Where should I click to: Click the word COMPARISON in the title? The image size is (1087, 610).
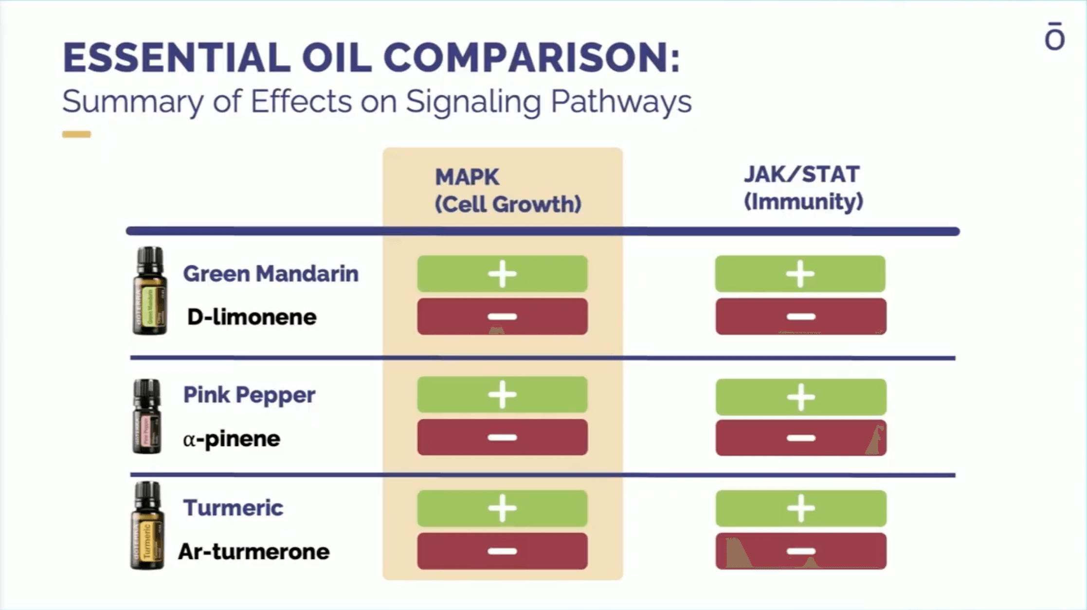[531, 58]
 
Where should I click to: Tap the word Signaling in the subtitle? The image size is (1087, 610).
[473, 102]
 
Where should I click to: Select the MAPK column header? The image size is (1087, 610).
[507, 190]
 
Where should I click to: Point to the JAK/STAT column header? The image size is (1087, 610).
[803, 188]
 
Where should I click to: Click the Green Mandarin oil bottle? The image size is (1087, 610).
[150, 291]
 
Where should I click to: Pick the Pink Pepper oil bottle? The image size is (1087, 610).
[147, 416]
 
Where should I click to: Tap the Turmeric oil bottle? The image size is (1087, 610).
[147, 525]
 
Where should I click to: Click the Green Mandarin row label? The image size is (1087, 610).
[271, 273]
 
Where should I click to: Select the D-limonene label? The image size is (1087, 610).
[252, 317]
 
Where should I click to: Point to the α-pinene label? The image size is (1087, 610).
[232, 439]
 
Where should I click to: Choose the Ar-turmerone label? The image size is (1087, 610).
[254, 552]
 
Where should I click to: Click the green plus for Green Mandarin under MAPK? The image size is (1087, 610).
[502, 274]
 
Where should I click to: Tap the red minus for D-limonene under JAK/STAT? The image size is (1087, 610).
[800, 317]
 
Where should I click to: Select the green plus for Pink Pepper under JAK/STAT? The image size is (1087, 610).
[800, 397]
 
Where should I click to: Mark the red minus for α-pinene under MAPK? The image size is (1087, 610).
[502, 437]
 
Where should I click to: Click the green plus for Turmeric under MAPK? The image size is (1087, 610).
[502, 508]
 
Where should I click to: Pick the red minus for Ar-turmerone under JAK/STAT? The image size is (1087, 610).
[800, 551]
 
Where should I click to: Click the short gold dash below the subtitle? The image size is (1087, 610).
[76, 134]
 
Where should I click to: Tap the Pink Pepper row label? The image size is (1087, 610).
[249, 395]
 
